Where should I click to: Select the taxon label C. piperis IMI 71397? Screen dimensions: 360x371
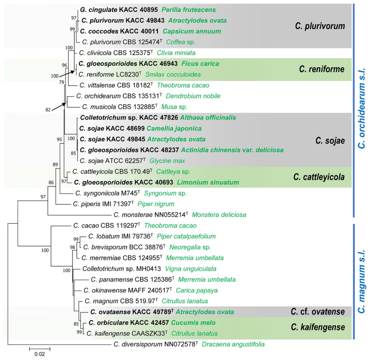[105, 203]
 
